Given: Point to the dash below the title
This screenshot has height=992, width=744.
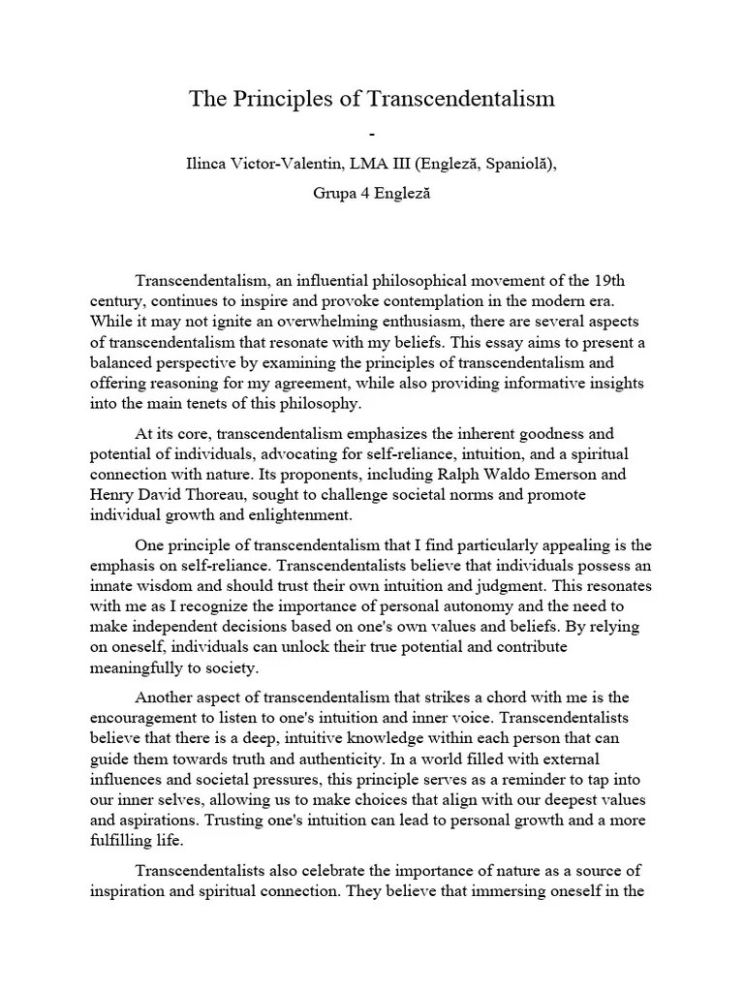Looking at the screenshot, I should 371,131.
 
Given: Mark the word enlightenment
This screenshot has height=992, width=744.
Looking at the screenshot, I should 293,514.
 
